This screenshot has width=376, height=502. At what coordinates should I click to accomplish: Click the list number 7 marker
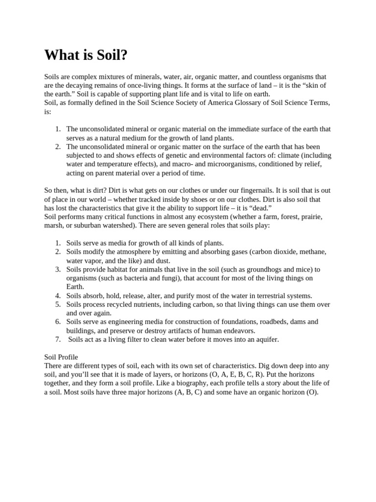click(x=57, y=339)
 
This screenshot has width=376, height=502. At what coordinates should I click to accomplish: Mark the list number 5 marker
click(x=57, y=304)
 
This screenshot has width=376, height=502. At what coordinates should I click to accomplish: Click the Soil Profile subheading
click(x=61, y=357)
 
